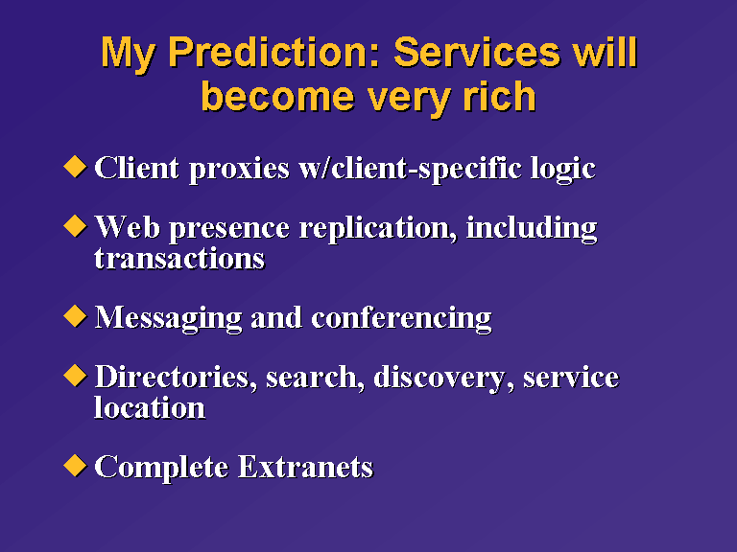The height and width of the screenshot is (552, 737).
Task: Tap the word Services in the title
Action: pyautogui.click(x=477, y=53)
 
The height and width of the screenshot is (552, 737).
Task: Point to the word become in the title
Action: pyautogui.click(x=277, y=97)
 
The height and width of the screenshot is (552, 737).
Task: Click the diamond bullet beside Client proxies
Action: pyautogui.click(x=75, y=167)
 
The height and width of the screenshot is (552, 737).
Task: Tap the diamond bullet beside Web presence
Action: pyautogui.click(x=75, y=226)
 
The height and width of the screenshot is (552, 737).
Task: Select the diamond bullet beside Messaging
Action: pyautogui.click(x=75, y=316)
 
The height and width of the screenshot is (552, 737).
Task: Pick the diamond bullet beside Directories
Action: pyautogui.click(x=75, y=376)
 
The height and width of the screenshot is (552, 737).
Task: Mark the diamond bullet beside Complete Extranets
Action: pyautogui.click(x=75, y=466)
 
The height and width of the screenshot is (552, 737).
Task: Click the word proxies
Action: pyautogui.click(x=239, y=170)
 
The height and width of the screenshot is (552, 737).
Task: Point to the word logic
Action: pyautogui.click(x=563, y=169)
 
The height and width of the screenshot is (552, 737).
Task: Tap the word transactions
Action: pyautogui.click(x=179, y=259)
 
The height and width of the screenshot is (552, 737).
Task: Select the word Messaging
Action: pyautogui.click(x=168, y=319)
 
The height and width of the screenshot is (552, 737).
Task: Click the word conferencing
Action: pyautogui.click(x=401, y=319)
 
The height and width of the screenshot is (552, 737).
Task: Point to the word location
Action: pyautogui.click(x=150, y=406)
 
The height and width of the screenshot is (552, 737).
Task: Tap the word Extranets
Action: pyautogui.click(x=305, y=467)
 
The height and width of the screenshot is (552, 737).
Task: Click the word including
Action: pyautogui.click(x=532, y=229)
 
